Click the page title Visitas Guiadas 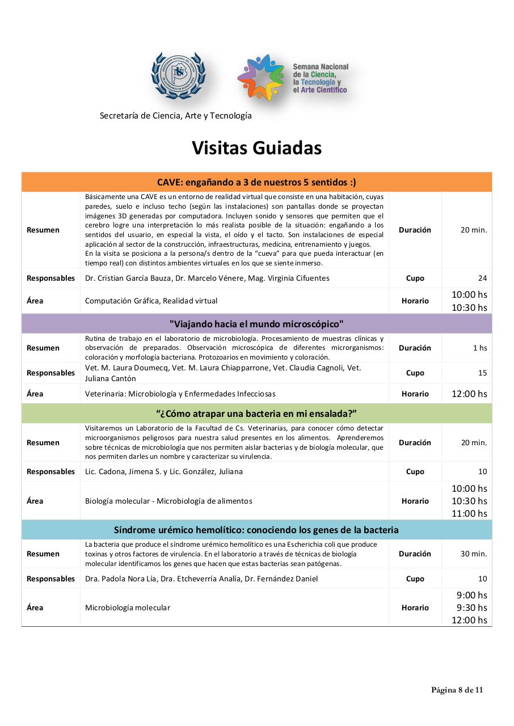[x=256, y=147]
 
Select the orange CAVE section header [x=256, y=182]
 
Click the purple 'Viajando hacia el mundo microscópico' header [x=256, y=324]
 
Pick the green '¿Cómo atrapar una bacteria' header [x=256, y=413]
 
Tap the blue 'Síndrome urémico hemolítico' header [x=256, y=530]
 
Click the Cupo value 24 [x=482, y=278]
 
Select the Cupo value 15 [x=482, y=373]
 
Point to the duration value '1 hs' [x=480, y=348]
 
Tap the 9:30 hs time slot [x=471, y=607]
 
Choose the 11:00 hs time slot [x=469, y=513]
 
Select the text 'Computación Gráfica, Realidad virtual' [x=151, y=301]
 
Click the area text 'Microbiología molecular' [x=128, y=607]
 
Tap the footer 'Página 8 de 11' [x=457, y=690]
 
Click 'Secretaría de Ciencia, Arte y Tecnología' [x=175, y=116]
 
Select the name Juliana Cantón [x=111, y=378]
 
